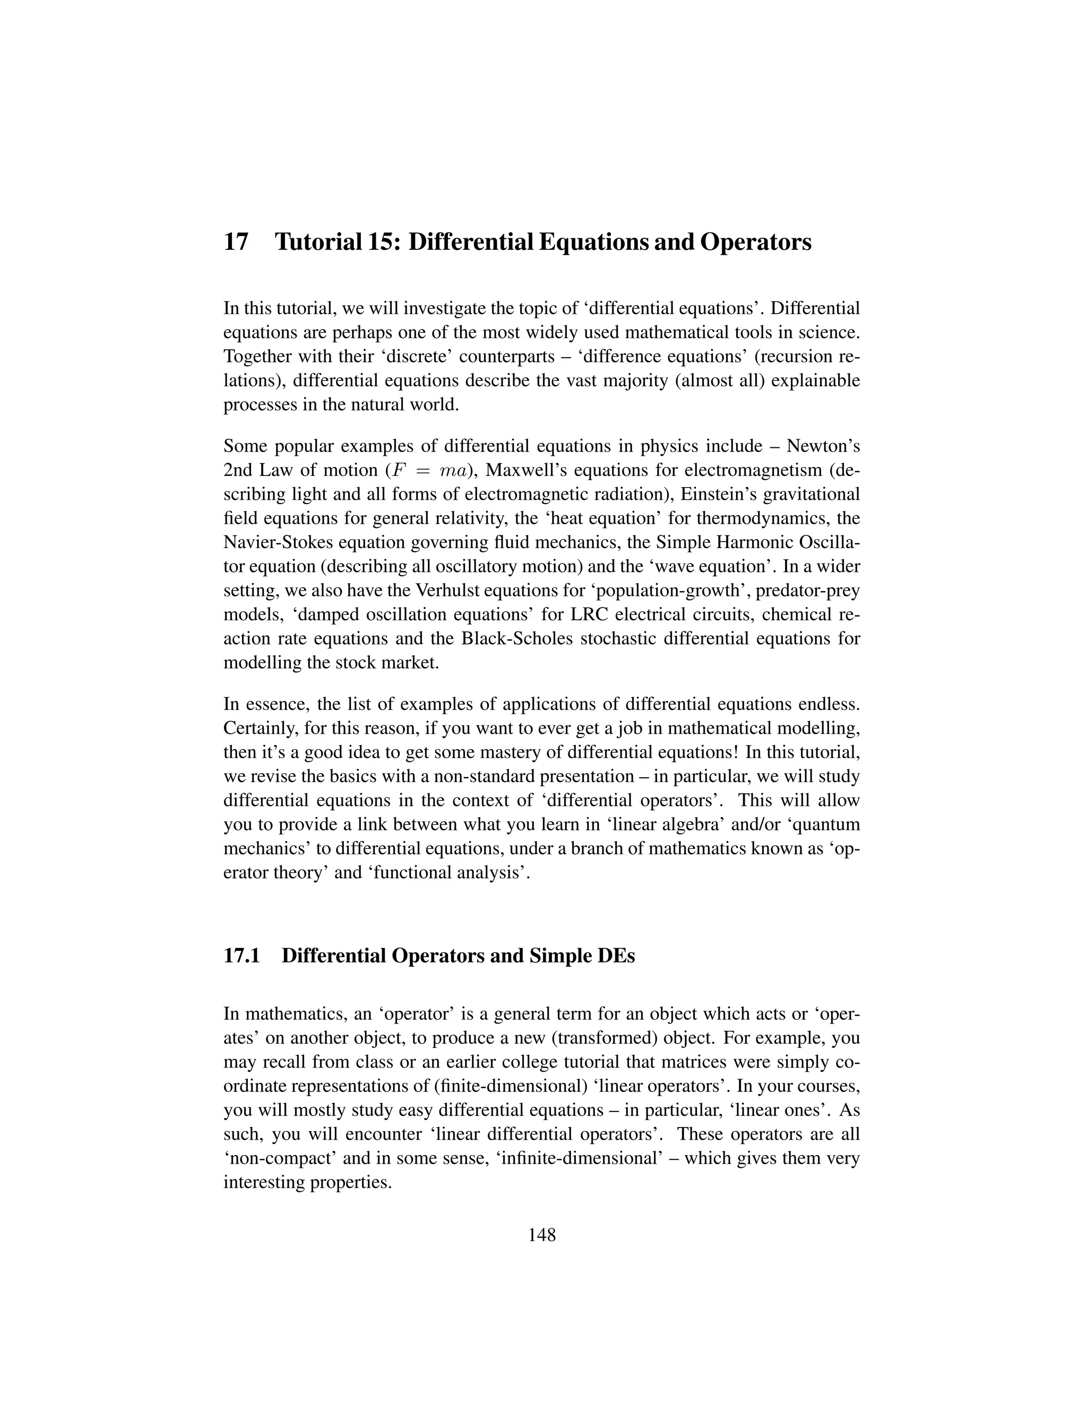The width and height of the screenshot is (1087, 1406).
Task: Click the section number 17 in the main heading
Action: pyautogui.click(x=236, y=242)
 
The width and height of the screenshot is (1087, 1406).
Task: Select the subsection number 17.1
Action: pyautogui.click(x=241, y=956)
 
